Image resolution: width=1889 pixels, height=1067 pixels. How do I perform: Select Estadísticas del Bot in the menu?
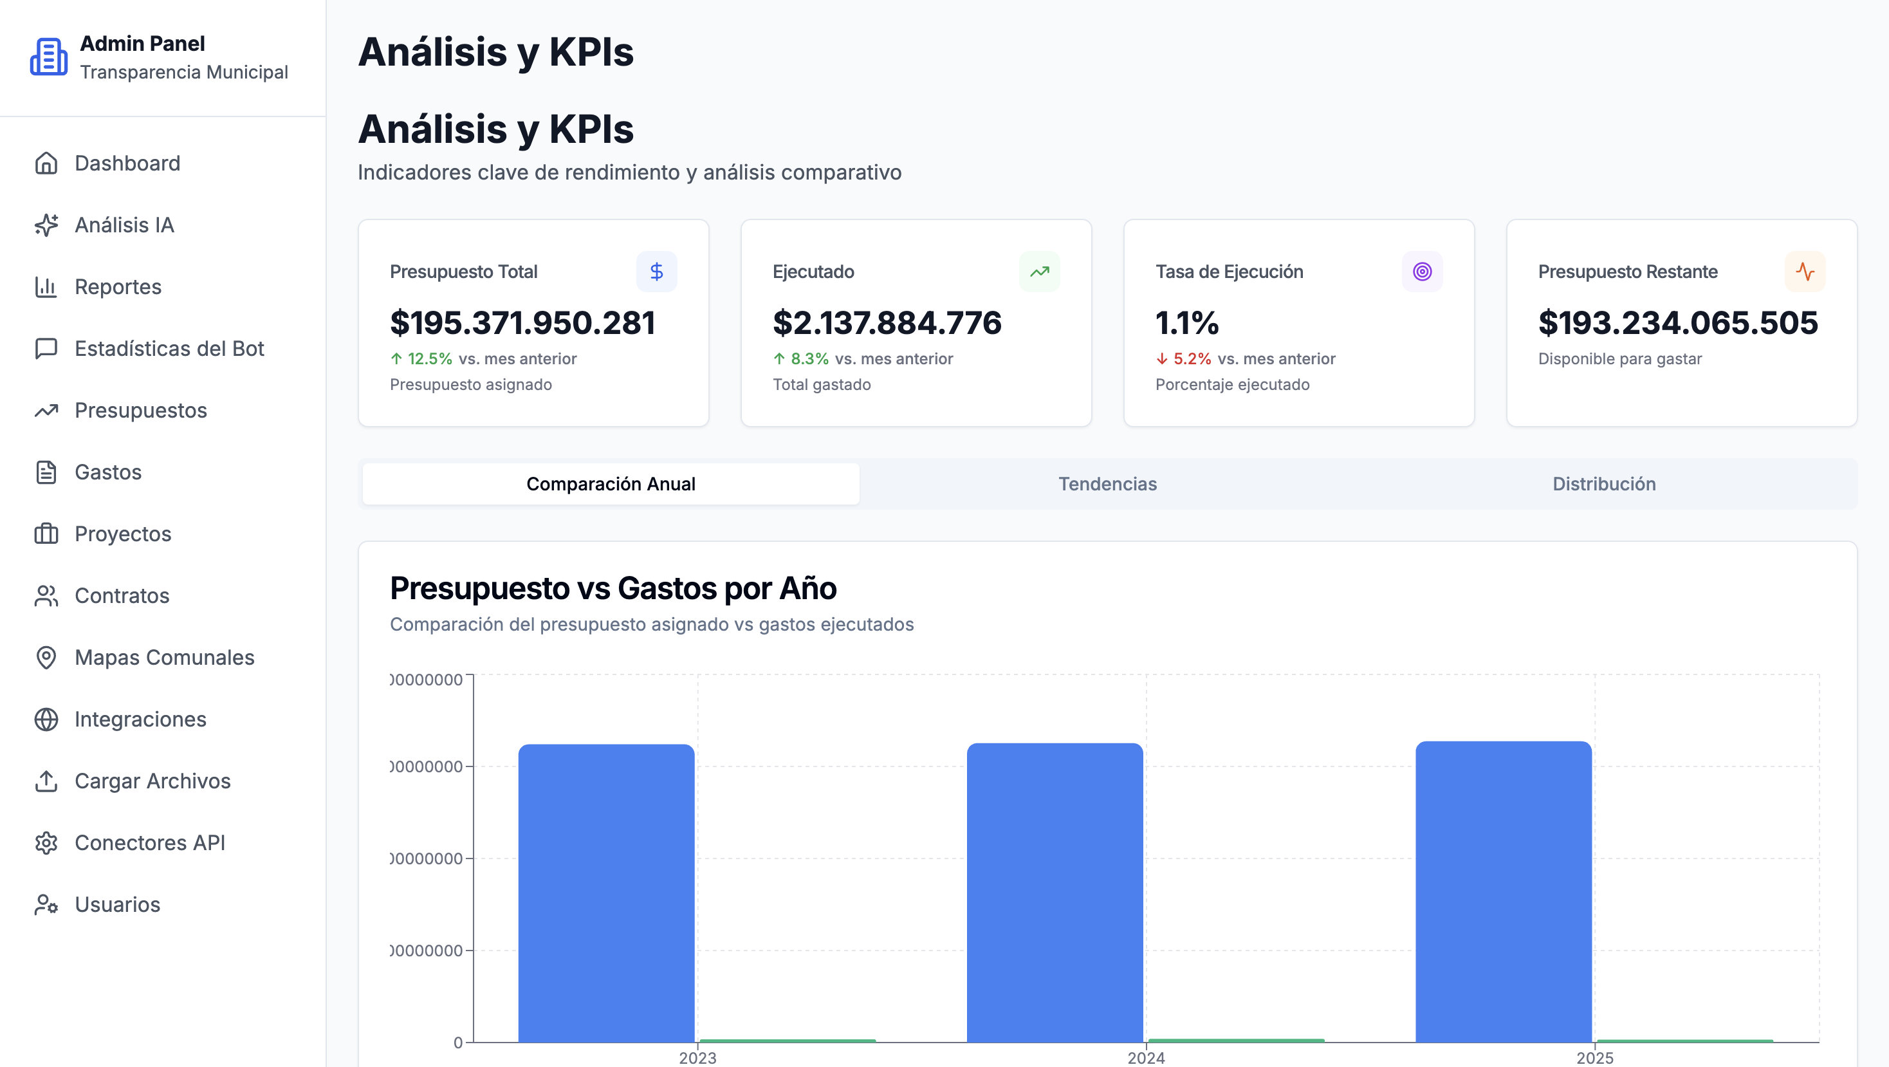click(x=168, y=348)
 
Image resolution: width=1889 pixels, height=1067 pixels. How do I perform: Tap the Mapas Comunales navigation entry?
click(x=163, y=657)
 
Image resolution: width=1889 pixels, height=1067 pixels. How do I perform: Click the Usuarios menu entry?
click(x=116, y=904)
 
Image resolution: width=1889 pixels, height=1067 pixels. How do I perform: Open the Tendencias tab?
click(x=1107, y=484)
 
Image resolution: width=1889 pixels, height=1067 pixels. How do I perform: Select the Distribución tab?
click(x=1604, y=484)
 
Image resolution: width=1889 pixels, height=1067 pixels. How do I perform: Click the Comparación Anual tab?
click(x=611, y=484)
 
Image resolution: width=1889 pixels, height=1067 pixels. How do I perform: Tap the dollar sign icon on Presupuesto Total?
click(x=656, y=272)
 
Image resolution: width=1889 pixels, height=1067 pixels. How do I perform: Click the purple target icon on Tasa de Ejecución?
click(x=1422, y=272)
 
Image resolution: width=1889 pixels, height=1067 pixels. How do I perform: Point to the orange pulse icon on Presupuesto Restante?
click(x=1805, y=272)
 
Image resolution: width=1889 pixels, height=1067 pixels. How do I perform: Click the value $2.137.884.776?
click(x=887, y=324)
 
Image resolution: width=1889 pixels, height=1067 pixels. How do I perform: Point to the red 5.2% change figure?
click(x=1192, y=359)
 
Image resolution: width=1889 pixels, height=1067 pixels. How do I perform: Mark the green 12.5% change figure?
click(x=430, y=359)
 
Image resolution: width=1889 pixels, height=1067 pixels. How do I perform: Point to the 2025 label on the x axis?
click(x=1594, y=1057)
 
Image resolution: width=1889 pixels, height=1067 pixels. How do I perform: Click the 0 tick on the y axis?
click(x=458, y=1042)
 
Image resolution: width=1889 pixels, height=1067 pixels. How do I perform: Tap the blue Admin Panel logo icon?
click(x=48, y=57)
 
